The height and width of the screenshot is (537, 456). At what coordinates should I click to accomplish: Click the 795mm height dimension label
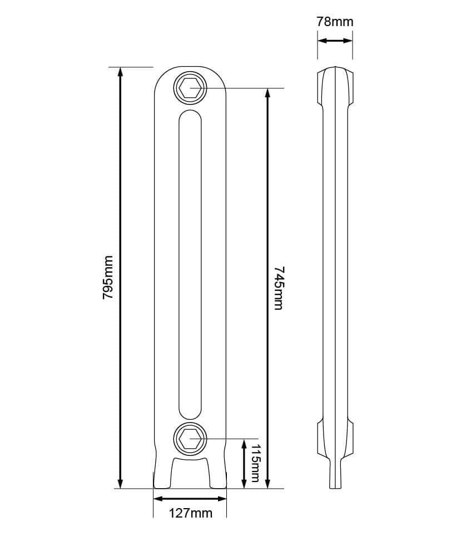point(108,278)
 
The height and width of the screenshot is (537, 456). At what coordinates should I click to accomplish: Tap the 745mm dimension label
point(279,288)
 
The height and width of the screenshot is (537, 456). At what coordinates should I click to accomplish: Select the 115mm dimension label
point(255,463)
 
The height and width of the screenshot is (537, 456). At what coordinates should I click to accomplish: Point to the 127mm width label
point(190,513)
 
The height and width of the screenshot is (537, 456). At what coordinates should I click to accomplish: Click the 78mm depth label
point(335,22)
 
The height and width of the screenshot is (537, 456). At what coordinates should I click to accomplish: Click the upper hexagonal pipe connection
point(190,88)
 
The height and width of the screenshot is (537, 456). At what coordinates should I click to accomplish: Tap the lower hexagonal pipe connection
point(190,439)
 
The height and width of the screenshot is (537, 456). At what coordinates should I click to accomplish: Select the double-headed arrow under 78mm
point(335,41)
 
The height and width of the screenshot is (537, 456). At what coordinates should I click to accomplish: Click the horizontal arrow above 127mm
point(190,498)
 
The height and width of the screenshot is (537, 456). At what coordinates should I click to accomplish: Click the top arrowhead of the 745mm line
point(268,93)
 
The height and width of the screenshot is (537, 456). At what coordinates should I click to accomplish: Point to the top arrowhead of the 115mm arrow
point(244,443)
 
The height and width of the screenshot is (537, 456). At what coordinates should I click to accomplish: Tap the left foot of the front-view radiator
point(162,475)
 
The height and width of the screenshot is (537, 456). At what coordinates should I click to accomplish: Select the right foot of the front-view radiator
point(218,475)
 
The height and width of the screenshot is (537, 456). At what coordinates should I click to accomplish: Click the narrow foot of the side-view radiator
point(335,475)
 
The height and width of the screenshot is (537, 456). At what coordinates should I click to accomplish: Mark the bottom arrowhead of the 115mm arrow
point(244,484)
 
